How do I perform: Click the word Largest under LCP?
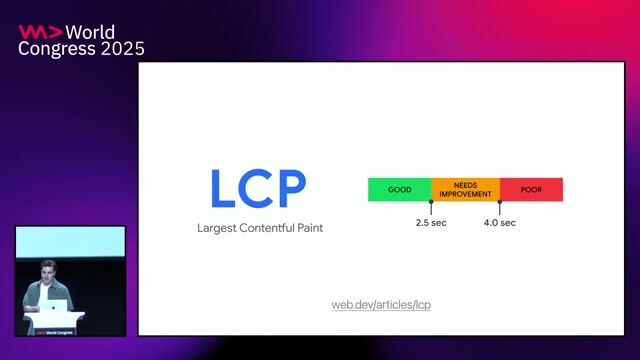pyautogui.click(x=219, y=229)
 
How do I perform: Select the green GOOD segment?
pyautogui.click(x=399, y=189)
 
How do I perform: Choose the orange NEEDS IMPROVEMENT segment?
pyautogui.click(x=465, y=189)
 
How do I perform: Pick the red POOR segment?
pyautogui.click(x=531, y=189)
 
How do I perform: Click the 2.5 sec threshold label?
pyautogui.click(x=431, y=222)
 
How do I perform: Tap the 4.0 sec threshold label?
pyautogui.click(x=499, y=222)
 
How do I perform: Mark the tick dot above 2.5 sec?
pyautogui.click(x=431, y=202)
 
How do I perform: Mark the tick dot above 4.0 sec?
pyautogui.click(x=499, y=202)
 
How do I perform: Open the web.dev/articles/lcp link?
pyautogui.click(x=381, y=304)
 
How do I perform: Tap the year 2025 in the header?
pyautogui.click(x=121, y=49)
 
